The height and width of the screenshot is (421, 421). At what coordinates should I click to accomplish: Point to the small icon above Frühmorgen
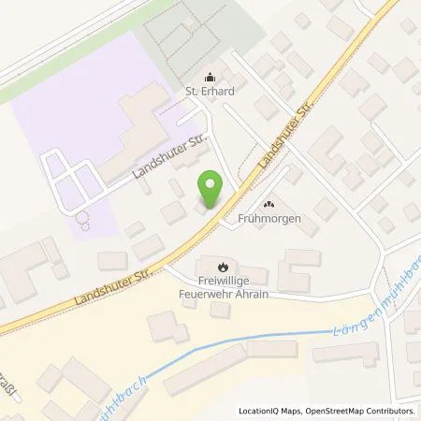tap(270, 205)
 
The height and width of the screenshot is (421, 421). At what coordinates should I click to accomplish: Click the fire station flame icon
tap(221, 266)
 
